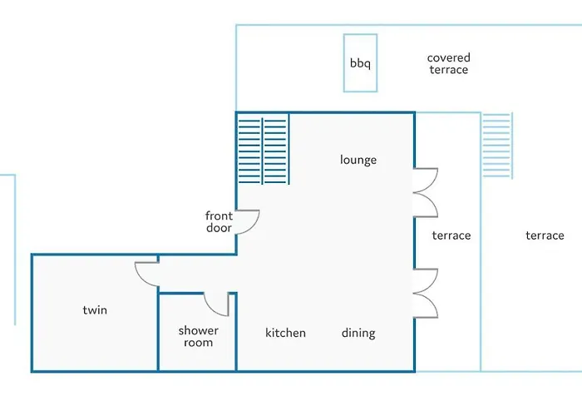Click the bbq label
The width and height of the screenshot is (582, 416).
360,63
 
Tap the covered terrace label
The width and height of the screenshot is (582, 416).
449,63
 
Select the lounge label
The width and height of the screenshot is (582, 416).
358,160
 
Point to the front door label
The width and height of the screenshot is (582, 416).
219,222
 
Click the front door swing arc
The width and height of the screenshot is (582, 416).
255,224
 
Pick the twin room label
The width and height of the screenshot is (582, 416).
95,310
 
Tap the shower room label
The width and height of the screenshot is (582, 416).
198,336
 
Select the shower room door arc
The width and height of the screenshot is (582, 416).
210,309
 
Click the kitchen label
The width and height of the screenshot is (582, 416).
285,333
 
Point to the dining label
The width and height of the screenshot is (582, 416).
358,333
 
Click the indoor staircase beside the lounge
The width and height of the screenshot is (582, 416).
264,150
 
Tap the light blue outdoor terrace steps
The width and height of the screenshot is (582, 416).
497,146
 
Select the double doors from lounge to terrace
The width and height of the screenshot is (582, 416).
426,192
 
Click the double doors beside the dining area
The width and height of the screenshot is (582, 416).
426,293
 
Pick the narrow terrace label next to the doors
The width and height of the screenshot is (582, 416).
451,235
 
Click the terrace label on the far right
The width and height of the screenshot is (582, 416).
545,235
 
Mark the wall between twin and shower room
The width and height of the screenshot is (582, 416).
158,329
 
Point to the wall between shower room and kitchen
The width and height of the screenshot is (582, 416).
236,332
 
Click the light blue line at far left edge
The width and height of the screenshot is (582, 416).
15,250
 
